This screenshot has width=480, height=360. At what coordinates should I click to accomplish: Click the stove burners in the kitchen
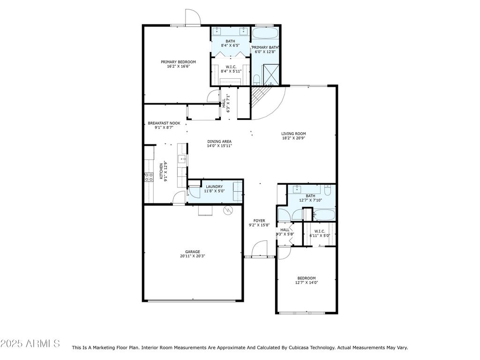[149, 177]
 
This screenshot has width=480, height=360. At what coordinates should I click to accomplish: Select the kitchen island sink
[182, 159]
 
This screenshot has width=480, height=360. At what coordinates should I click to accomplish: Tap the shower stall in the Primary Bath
[270, 75]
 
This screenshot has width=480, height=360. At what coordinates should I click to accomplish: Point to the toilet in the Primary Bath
[256, 80]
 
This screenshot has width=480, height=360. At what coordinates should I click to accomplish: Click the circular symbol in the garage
[228, 210]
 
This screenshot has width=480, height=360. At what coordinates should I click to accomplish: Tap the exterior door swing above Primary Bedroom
[193, 17]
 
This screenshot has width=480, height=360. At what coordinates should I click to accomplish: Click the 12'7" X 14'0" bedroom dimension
[307, 283]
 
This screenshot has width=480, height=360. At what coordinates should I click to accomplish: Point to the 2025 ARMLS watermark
[30, 344]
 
